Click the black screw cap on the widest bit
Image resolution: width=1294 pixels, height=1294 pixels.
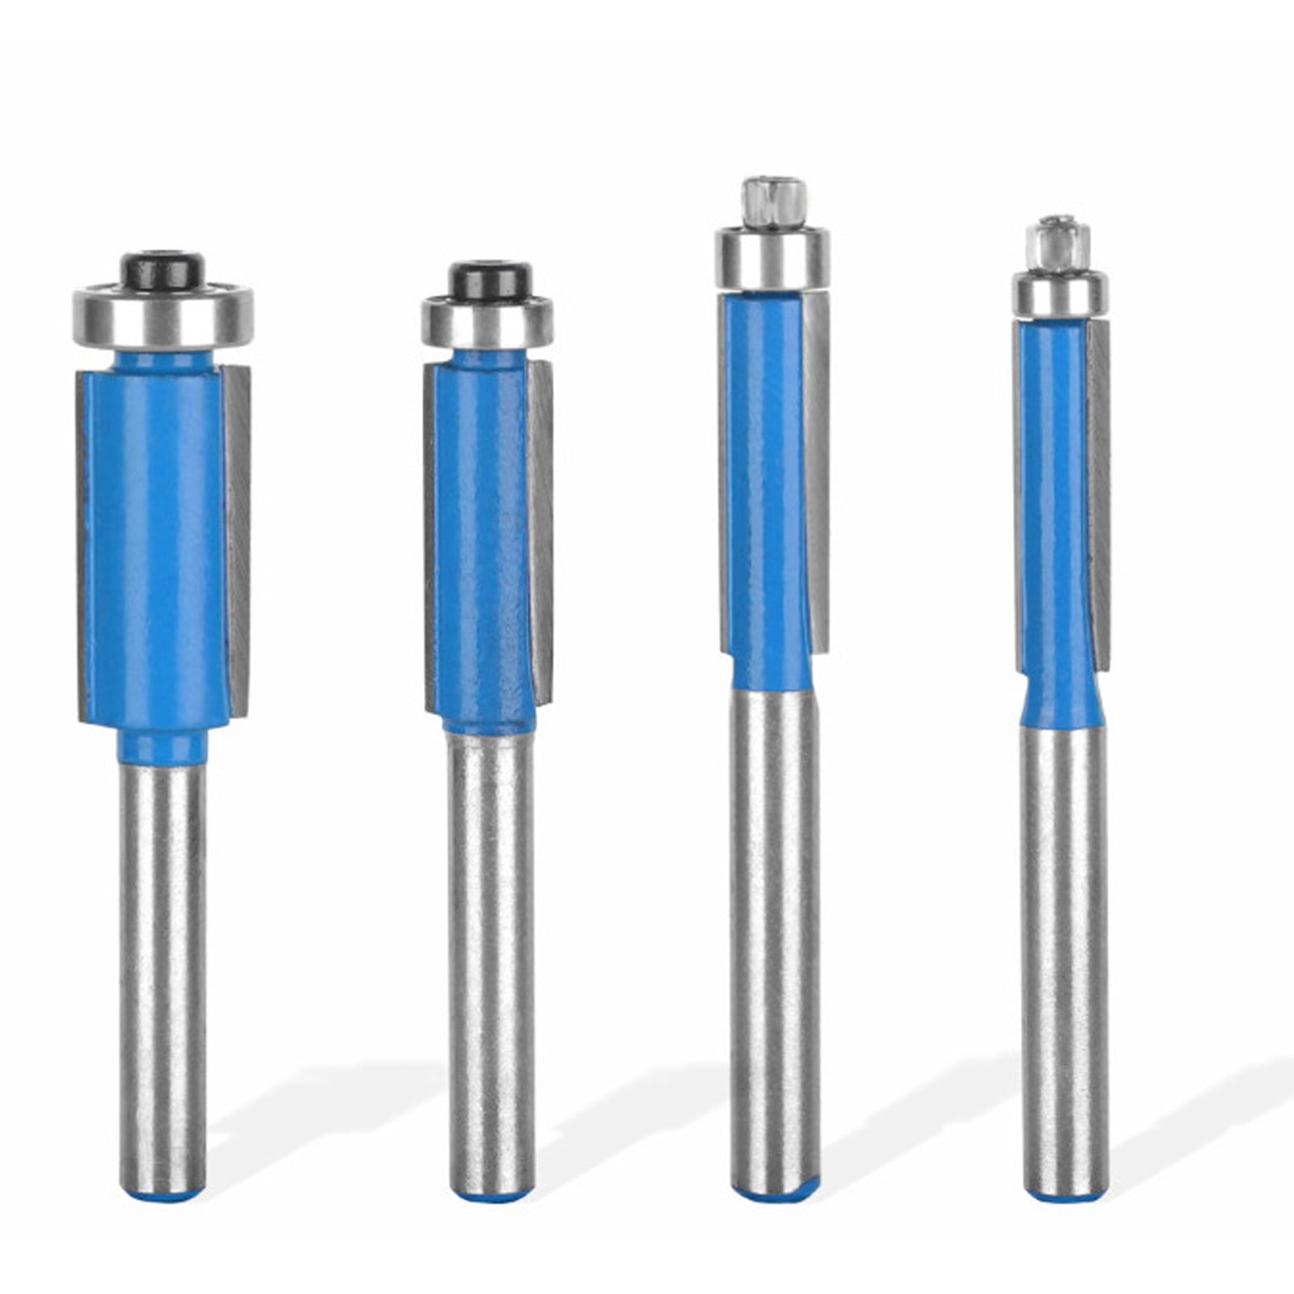pyautogui.click(x=163, y=270)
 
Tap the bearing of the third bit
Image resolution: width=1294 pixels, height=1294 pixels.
pyautogui.click(x=772, y=259)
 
